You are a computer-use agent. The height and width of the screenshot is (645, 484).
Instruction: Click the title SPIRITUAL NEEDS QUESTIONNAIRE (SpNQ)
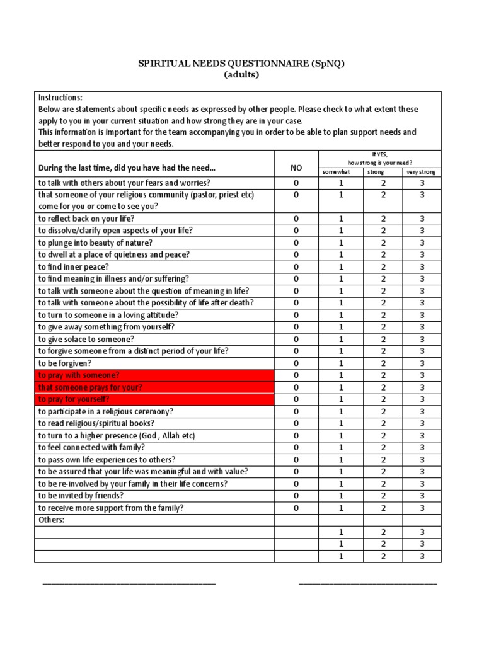(242, 63)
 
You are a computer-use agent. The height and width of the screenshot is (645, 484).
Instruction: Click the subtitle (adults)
(242, 74)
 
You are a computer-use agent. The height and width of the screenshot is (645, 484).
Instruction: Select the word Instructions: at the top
(60, 98)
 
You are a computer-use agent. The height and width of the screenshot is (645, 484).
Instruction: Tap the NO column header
(296, 168)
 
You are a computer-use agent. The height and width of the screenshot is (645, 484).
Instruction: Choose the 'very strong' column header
(422, 172)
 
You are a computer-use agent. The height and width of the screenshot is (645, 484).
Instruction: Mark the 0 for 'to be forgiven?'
(296, 363)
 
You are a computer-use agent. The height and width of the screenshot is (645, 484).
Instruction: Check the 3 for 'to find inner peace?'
(422, 267)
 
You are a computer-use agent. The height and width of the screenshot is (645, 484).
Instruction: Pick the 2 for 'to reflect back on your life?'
(383, 219)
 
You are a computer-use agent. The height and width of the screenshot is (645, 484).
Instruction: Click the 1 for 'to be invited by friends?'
(341, 496)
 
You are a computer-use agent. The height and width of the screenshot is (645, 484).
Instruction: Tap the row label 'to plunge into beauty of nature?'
(95, 243)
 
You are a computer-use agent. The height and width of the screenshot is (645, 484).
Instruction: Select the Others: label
(52, 520)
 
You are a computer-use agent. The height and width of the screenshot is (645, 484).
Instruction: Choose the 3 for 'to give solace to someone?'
(422, 339)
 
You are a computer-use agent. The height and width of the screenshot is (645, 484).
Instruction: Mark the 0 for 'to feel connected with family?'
(296, 448)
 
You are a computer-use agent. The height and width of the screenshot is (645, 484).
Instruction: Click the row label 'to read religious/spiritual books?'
(96, 423)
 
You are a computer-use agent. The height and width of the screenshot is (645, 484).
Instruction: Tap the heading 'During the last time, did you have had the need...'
(127, 168)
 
